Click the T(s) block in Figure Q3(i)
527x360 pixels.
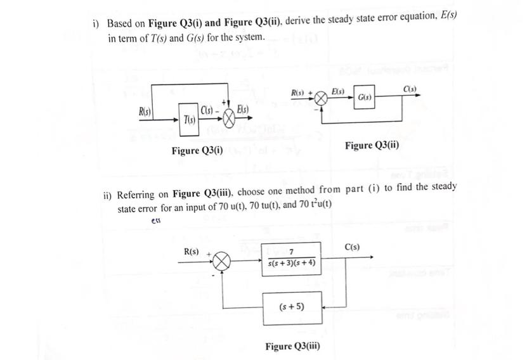(188, 119)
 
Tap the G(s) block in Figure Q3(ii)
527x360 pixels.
(363, 98)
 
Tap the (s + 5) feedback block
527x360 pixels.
(291, 307)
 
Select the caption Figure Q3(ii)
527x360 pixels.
(372, 146)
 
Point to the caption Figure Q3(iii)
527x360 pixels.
(292, 346)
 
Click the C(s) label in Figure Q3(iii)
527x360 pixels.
(352, 246)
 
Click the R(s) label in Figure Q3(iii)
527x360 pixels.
(191, 252)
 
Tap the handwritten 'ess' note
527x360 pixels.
(155, 221)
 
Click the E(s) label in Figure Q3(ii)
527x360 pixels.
(337, 91)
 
